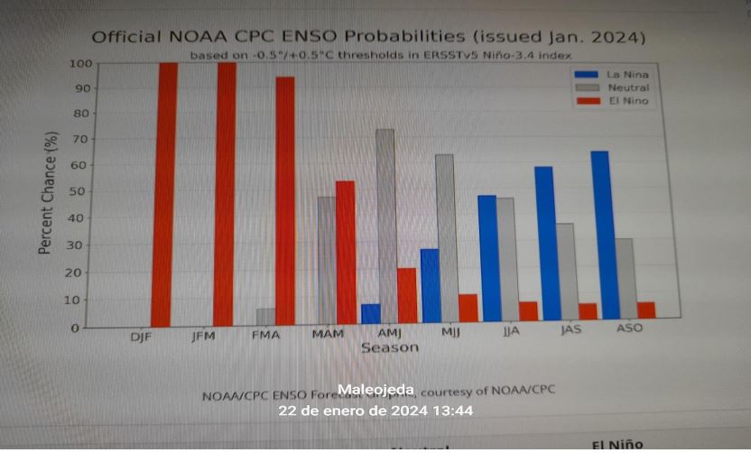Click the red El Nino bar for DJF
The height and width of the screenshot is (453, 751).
click(163, 194)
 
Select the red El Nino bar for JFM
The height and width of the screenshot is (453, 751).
click(227, 193)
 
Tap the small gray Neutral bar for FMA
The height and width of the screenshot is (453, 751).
click(265, 317)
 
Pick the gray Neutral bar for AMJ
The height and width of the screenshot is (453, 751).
click(385, 225)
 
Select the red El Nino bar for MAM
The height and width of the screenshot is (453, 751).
click(345, 252)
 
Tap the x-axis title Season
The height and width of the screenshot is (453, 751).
click(390, 347)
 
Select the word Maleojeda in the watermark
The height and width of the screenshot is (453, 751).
click(376, 390)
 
